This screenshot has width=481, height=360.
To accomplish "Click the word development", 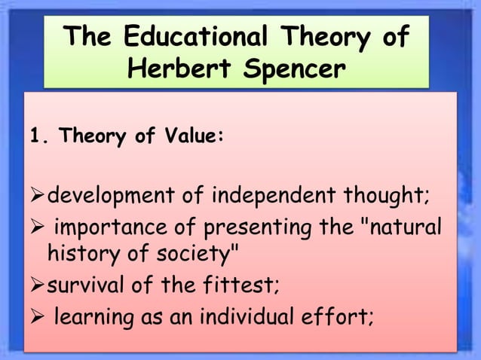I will [x=103, y=197].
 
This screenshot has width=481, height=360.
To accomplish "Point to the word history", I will [x=79, y=255].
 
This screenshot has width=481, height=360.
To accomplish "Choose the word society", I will [x=198, y=255].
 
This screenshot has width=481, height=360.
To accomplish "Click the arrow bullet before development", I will [x=38, y=197].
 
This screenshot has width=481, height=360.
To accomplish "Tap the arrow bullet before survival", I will [x=38, y=286].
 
